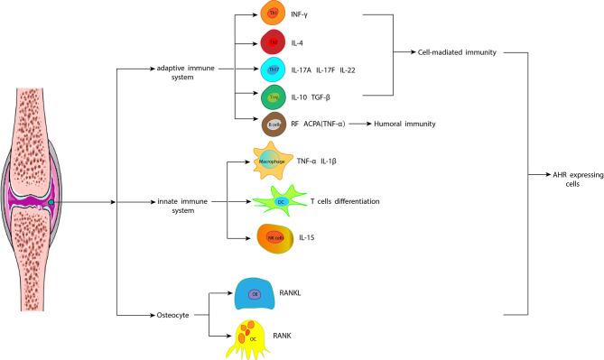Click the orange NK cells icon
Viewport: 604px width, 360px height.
pyautogui.click(x=274, y=237)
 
